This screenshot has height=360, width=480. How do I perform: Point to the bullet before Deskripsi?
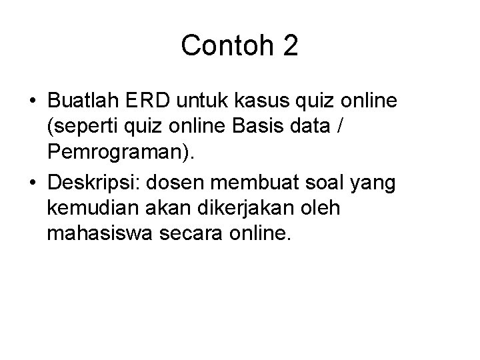click(32, 183)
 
